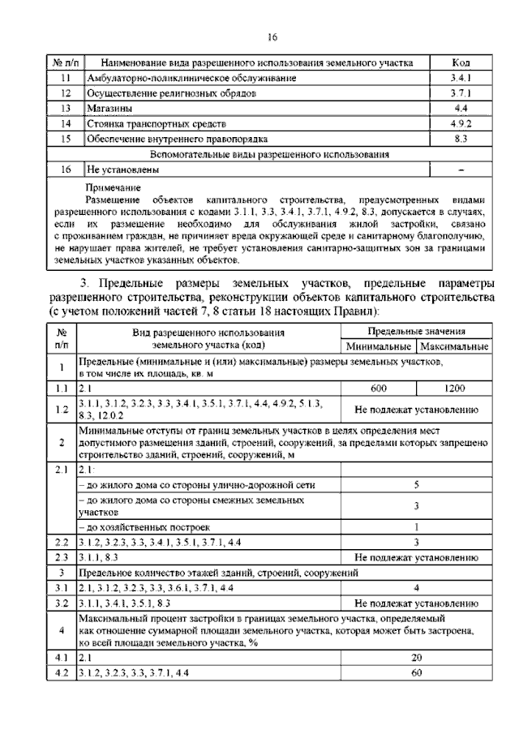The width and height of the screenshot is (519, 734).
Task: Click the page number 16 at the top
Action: [272, 36]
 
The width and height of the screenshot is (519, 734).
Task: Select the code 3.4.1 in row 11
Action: [460, 78]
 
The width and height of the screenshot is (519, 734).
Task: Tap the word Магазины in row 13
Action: [111, 108]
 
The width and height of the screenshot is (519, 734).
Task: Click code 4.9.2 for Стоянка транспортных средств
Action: [460, 123]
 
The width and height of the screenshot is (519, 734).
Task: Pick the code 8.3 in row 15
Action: [460, 139]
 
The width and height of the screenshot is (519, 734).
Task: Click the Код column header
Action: [460, 62]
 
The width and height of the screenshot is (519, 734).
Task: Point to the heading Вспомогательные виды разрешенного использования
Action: [272, 154]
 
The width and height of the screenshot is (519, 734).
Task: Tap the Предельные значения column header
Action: [416, 332]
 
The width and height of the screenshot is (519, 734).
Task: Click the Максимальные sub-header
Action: [453, 347]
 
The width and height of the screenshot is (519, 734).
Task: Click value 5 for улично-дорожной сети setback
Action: [416, 485]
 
